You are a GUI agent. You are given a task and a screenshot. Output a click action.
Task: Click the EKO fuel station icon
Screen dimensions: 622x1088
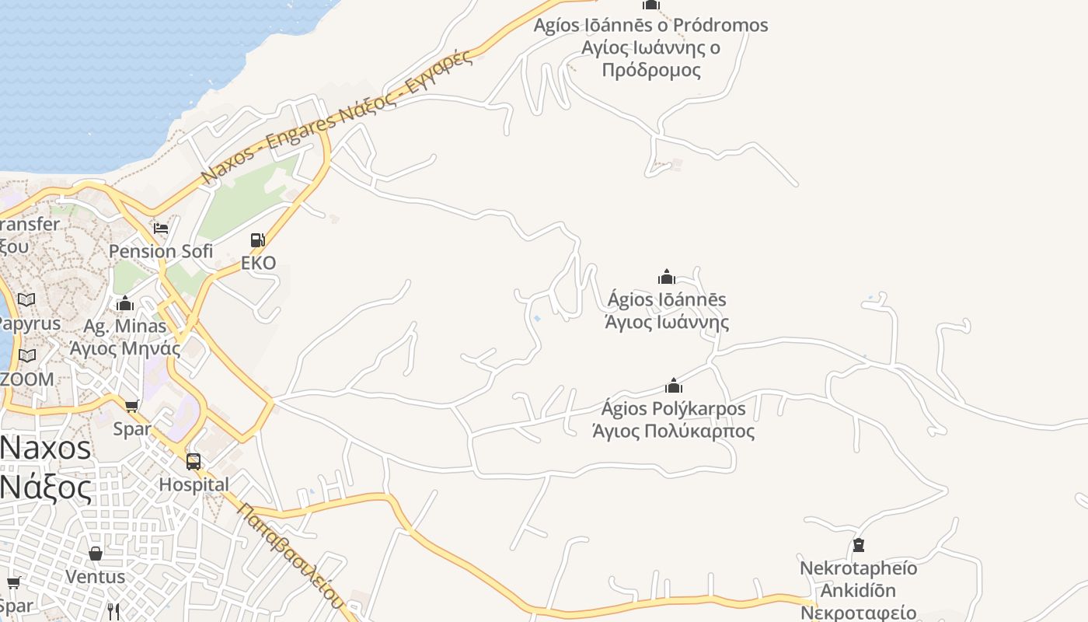[257, 240]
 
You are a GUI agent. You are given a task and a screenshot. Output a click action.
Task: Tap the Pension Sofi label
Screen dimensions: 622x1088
[160, 251]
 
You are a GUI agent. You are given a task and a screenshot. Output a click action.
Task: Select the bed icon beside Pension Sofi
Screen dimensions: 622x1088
[161, 228]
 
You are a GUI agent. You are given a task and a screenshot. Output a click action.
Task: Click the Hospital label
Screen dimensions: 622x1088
[194, 484]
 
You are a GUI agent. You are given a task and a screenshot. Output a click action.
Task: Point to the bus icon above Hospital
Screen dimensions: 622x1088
[194, 462]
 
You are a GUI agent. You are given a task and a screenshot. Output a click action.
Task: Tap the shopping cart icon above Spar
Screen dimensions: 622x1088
[132, 406]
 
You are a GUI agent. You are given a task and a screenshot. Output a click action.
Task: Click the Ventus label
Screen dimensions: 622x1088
[95, 577]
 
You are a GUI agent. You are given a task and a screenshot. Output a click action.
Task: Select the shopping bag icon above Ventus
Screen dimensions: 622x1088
[96, 554]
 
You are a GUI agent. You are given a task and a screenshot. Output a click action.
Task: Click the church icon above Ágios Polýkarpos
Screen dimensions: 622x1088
[674, 386]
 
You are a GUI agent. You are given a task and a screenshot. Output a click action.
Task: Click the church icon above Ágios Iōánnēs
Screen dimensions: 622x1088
[667, 277]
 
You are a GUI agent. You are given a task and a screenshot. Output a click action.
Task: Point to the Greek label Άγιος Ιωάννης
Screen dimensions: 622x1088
[667, 322]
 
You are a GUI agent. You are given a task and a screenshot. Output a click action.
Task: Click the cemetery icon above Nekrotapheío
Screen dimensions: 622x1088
[859, 545]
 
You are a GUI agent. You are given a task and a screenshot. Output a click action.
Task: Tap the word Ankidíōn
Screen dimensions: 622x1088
[858, 590]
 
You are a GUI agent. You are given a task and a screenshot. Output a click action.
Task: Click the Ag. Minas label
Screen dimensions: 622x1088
[125, 326]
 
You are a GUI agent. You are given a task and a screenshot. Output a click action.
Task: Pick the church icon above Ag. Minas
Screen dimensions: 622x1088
[125, 303]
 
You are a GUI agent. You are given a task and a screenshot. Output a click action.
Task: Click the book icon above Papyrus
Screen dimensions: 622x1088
[26, 300]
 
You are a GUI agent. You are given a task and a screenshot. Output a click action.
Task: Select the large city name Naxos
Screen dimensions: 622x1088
[47, 449]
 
